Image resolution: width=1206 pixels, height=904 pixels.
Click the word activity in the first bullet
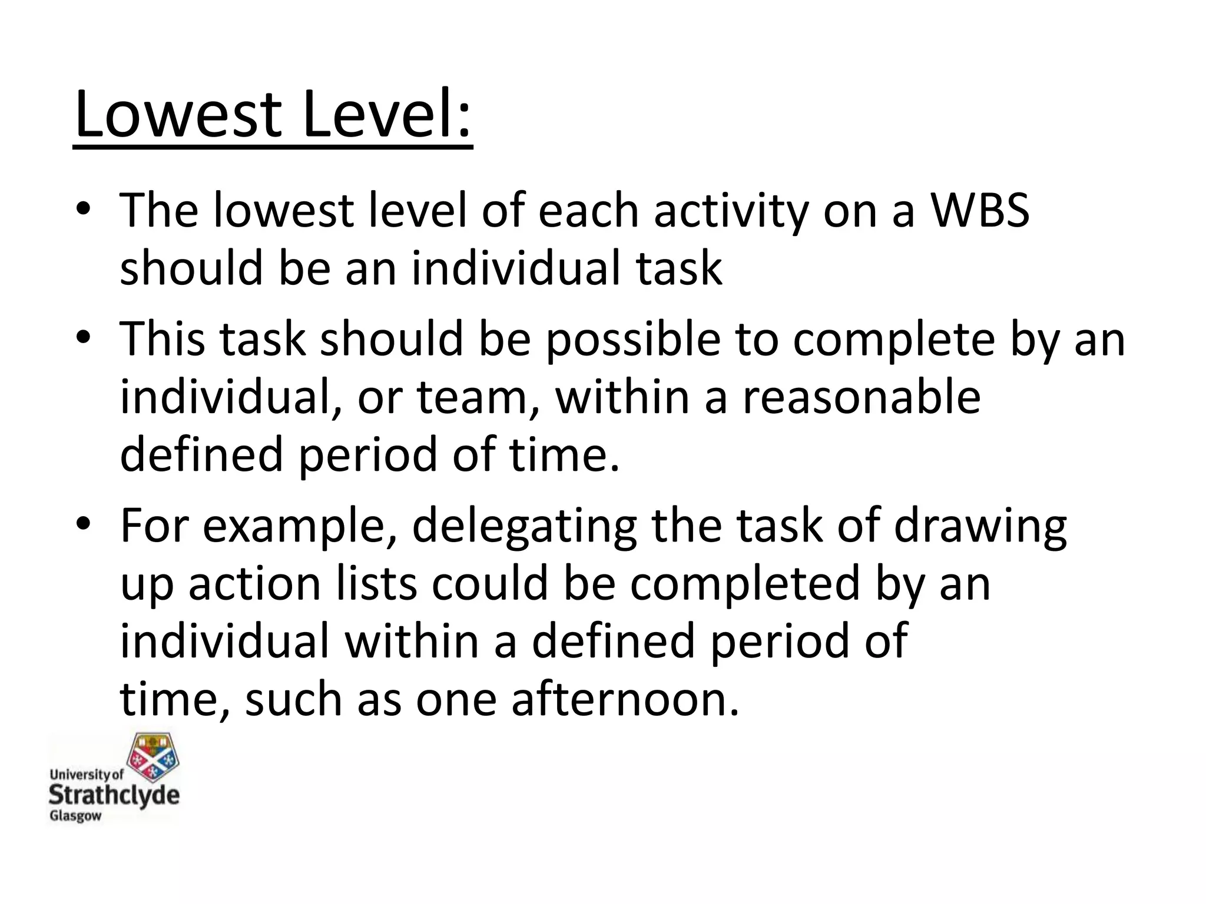[x=731, y=212]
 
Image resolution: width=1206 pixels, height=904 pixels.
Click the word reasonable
[x=861, y=398]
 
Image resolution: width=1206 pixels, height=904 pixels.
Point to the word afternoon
[x=625, y=700]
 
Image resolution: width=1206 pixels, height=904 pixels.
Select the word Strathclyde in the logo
[x=114, y=795]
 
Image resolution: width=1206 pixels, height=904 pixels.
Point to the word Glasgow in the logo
[x=75, y=816]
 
